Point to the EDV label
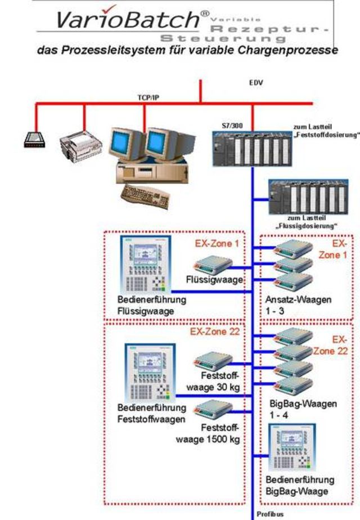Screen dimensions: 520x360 coord(256,83)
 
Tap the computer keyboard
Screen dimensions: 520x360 coord(145,195)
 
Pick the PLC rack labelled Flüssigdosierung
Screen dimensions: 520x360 coord(308,197)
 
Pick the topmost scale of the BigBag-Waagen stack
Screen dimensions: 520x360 coord(293,337)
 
